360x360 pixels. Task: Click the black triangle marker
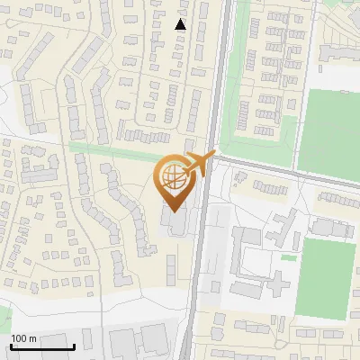pyautogui.click(x=181, y=24)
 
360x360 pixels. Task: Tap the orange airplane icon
pyautogui.click(x=200, y=164)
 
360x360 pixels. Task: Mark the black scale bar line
pyautogui.click(x=42, y=346)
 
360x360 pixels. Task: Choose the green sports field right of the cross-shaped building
pyautogui.click(x=325, y=276)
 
